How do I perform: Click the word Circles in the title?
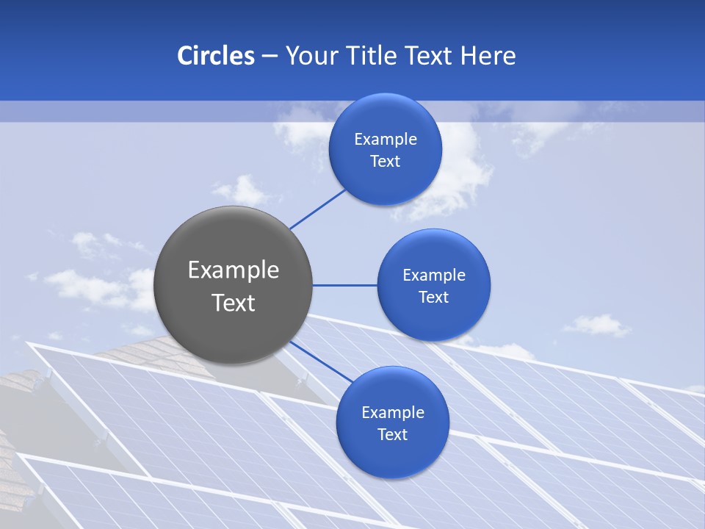click(216, 56)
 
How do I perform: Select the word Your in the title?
click(311, 56)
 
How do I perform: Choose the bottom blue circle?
click(392, 455)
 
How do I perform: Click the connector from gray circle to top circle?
click(318, 208)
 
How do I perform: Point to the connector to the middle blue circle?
click(344, 285)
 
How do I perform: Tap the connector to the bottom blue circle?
click(321, 361)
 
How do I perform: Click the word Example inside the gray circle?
click(234, 270)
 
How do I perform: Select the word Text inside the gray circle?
click(234, 303)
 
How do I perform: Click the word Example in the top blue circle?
click(386, 140)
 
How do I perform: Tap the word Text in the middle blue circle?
click(434, 298)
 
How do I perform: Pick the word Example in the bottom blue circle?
click(393, 413)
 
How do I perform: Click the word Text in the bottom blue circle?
click(393, 435)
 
